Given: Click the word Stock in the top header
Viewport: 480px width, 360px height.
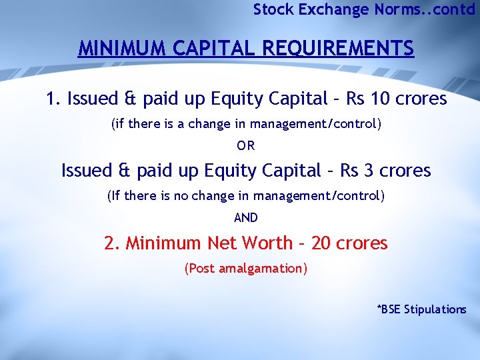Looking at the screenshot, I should [x=271, y=9].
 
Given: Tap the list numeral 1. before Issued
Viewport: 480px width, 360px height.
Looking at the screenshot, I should [x=53, y=99].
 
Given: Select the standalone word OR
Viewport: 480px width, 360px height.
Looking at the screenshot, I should [x=246, y=145].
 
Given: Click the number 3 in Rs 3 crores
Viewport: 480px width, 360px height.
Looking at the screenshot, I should [x=369, y=171].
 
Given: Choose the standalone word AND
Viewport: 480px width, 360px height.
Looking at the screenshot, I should [x=246, y=217].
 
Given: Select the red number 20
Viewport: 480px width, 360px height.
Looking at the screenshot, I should [x=321, y=243].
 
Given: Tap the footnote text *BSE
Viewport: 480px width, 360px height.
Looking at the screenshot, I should [x=390, y=309].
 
